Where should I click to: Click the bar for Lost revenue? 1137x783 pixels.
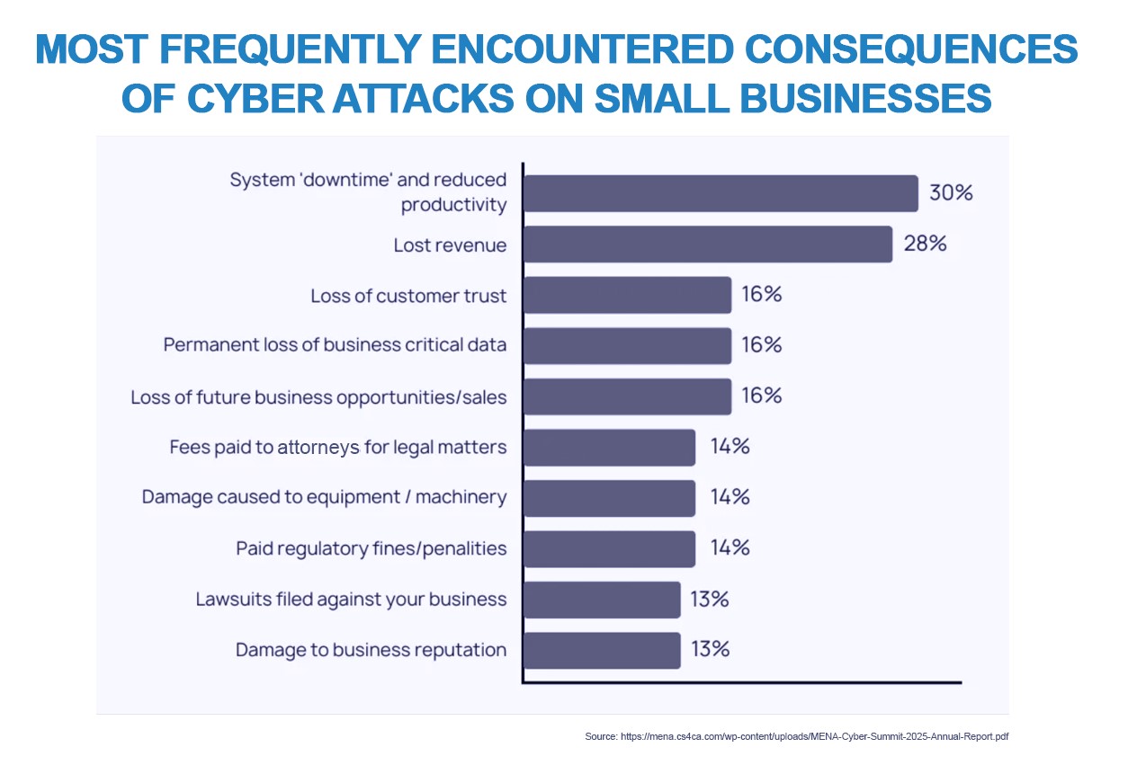[x=707, y=245]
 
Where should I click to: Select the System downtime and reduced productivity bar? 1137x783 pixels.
[x=720, y=193]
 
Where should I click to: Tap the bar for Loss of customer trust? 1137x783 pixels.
[x=627, y=295]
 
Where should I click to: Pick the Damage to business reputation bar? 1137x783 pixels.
[x=601, y=650]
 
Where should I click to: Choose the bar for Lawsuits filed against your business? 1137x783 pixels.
[x=601, y=600]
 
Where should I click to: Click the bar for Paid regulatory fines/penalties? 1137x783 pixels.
[x=609, y=548]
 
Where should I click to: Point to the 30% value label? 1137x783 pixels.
[x=952, y=193]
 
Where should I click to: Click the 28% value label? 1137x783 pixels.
[x=926, y=244]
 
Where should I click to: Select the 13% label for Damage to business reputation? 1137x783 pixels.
[x=710, y=649]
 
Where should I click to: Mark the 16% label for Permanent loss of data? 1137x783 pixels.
[x=761, y=345]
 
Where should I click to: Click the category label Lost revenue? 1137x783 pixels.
[x=450, y=245]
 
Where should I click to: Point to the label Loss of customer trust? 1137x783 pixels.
[x=408, y=296]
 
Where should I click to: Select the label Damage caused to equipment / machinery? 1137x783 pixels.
[x=324, y=497]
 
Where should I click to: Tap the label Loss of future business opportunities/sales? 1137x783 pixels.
[x=318, y=396]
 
